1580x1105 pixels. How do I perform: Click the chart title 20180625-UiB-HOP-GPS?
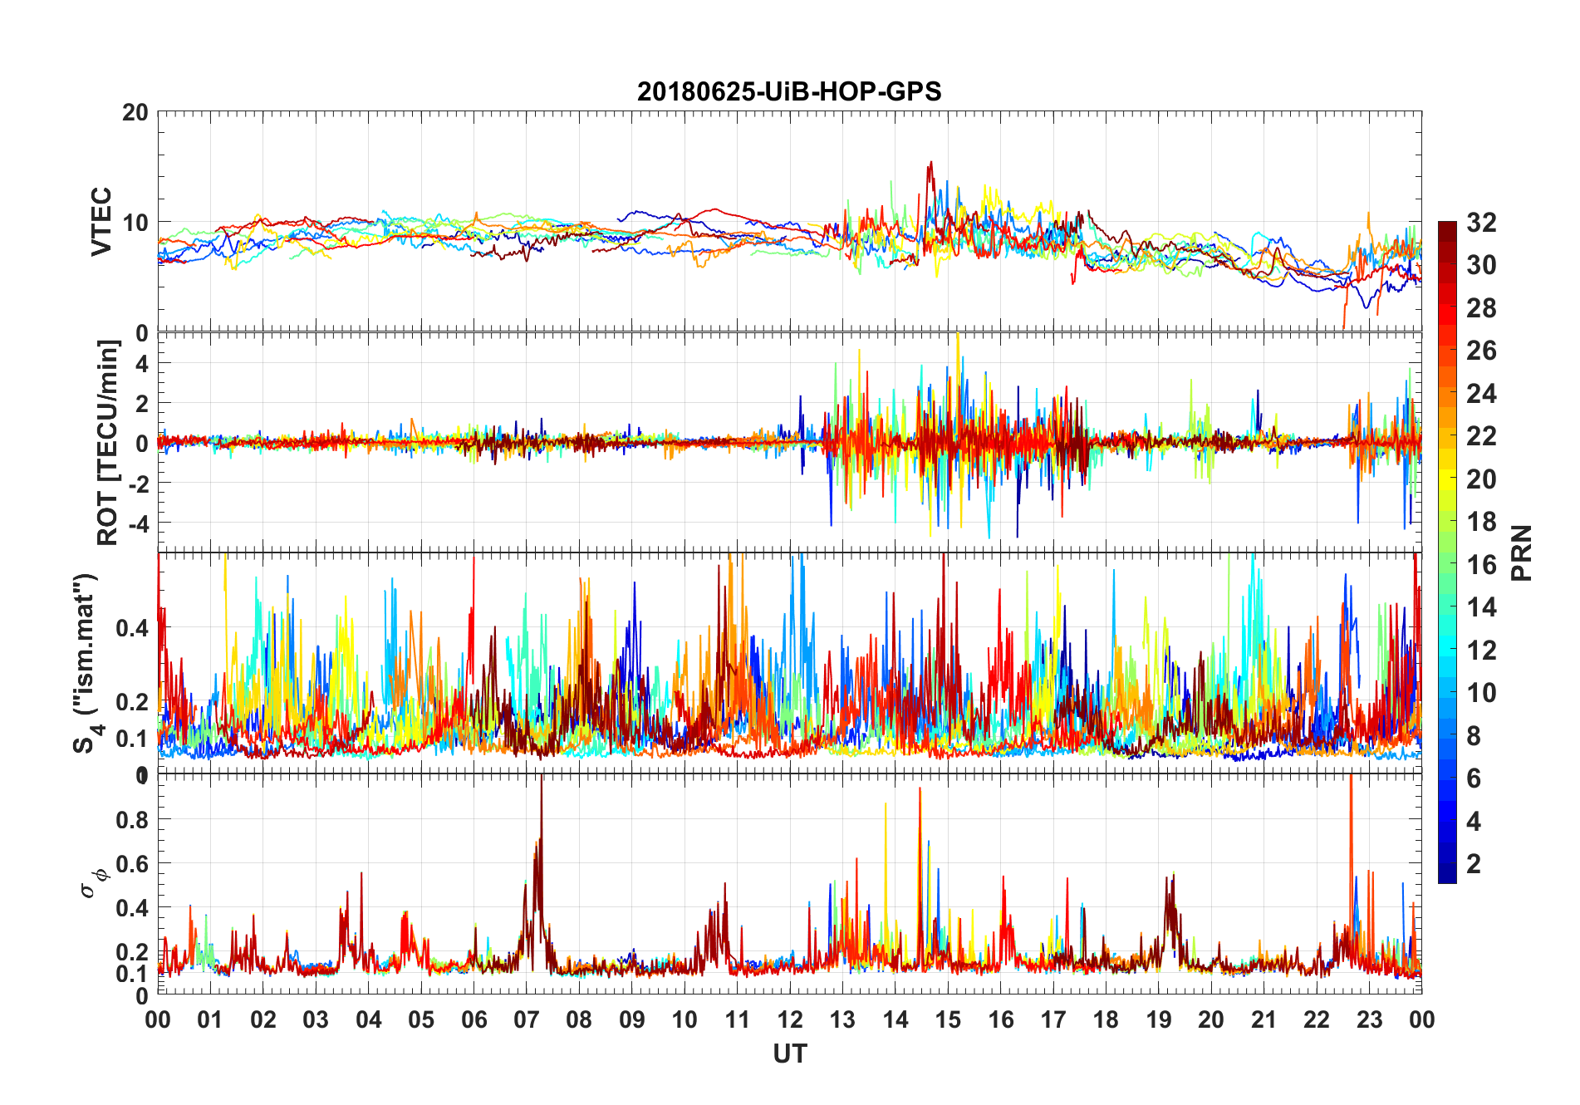tap(789, 91)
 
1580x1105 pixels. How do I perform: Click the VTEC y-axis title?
tap(101, 221)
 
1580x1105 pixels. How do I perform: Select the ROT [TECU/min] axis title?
tap(108, 442)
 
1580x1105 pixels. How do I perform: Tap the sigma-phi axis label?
tap(93, 881)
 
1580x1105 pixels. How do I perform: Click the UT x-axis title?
tap(789, 1053)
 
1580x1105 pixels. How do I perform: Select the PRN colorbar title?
tap(1522, 552)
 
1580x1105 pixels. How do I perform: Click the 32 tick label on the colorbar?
tap(1481, 223)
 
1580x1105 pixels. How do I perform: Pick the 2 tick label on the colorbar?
tap(1474, 863)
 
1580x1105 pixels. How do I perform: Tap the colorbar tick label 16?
tap(1481, 565)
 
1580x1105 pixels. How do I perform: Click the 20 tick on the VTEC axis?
tap(135, 113)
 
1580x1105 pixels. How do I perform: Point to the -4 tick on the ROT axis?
tap(137, 523)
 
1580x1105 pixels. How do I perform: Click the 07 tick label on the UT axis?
tap(527, 1020)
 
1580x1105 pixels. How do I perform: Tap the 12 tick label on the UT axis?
tap(790, 1020)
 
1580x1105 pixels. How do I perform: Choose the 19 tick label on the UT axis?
tap(1159, 1020)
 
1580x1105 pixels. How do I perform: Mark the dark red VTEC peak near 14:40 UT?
tap(930, 164)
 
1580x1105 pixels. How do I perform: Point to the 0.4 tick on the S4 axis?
tap(131, 627)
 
